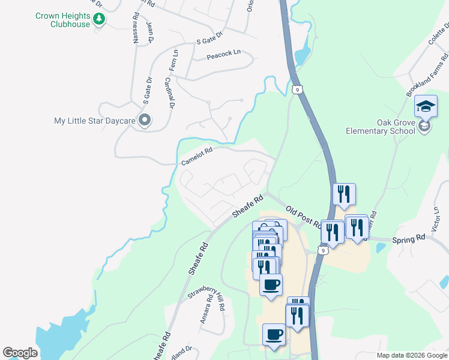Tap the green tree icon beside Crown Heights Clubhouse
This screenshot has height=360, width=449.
coord(99,20)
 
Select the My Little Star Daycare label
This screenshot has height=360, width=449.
coord(94,121)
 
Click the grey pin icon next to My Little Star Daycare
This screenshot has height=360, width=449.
coord(144,121)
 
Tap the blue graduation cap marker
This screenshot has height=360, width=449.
coord(426,107)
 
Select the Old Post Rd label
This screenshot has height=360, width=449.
coord(303,217)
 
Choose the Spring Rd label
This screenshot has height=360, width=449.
coord(408,239)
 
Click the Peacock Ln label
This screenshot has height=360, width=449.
coord(223,54)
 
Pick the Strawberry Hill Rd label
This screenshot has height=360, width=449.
coord(206,295)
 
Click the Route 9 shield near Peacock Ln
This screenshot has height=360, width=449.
coord(297,89)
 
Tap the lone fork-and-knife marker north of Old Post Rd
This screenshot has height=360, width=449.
coord(344,194)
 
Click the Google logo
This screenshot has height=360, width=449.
coord(20,353)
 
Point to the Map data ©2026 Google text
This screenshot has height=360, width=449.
coord(411,355)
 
